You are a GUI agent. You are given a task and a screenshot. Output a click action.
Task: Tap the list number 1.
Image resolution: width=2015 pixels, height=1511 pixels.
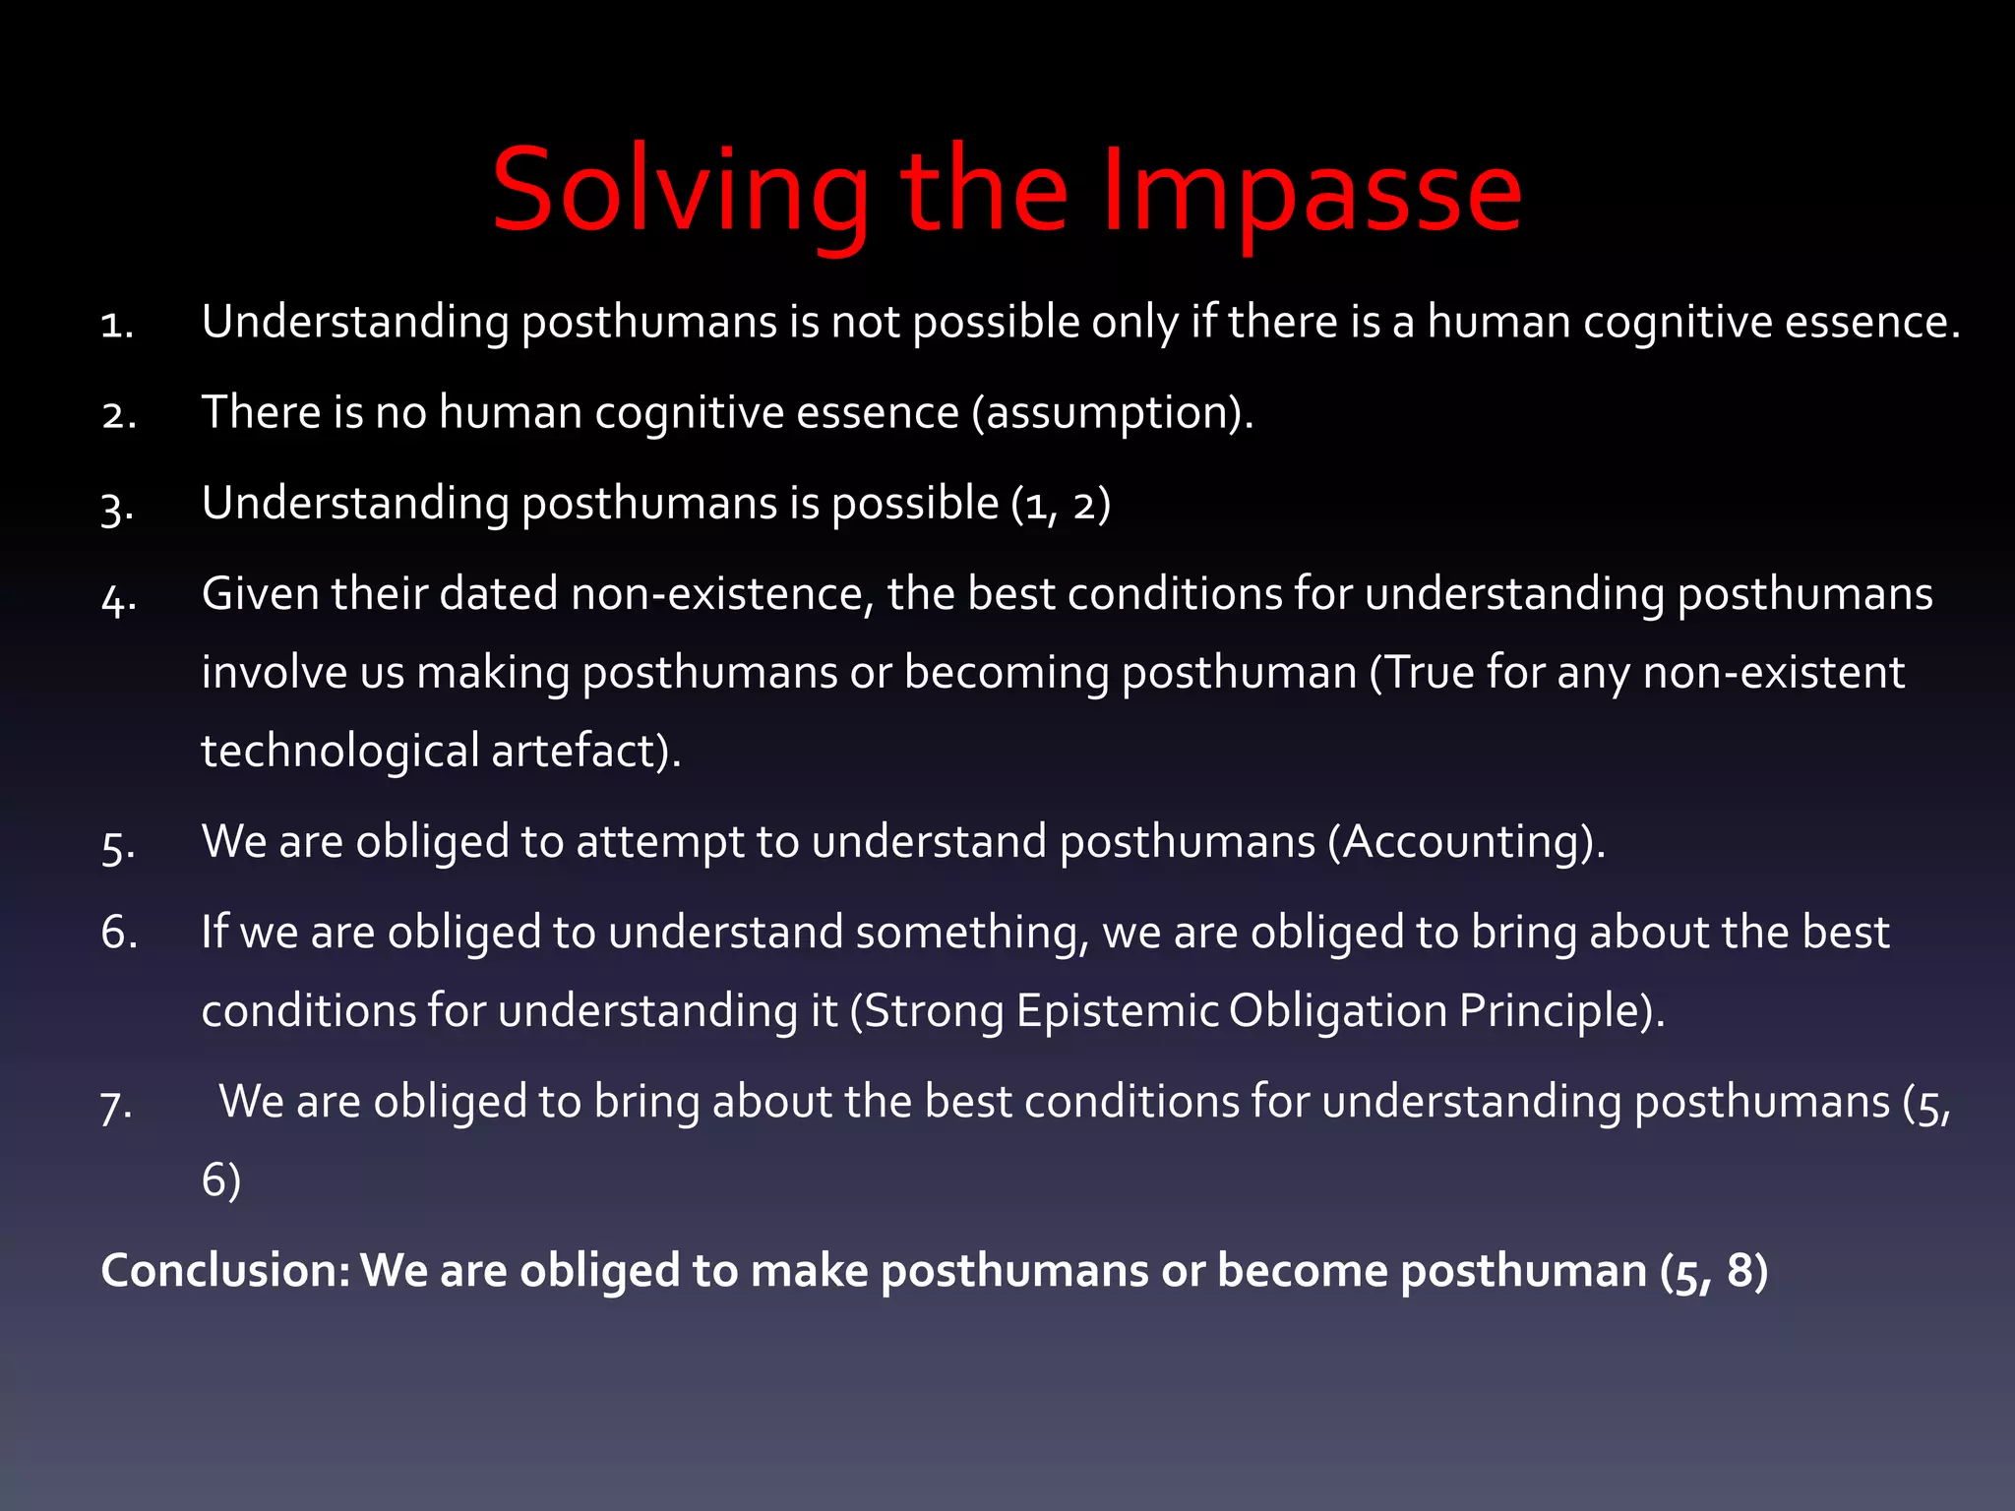[117, 325]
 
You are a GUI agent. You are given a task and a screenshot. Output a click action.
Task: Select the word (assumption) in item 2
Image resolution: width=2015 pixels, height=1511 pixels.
[1112, 412]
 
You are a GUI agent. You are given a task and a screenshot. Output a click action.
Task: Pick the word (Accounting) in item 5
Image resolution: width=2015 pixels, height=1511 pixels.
[1466, 842]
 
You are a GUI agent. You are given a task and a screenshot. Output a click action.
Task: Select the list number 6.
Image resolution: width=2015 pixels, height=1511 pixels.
[119, 932]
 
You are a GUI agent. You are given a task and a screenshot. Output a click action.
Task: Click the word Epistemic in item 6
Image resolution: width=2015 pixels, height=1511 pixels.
[1118, 1010]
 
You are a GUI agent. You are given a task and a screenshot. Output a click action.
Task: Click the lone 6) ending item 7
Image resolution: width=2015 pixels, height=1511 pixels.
[221, 1179]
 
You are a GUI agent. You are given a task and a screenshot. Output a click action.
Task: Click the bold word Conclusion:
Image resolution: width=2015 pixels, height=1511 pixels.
[225, 1270]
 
